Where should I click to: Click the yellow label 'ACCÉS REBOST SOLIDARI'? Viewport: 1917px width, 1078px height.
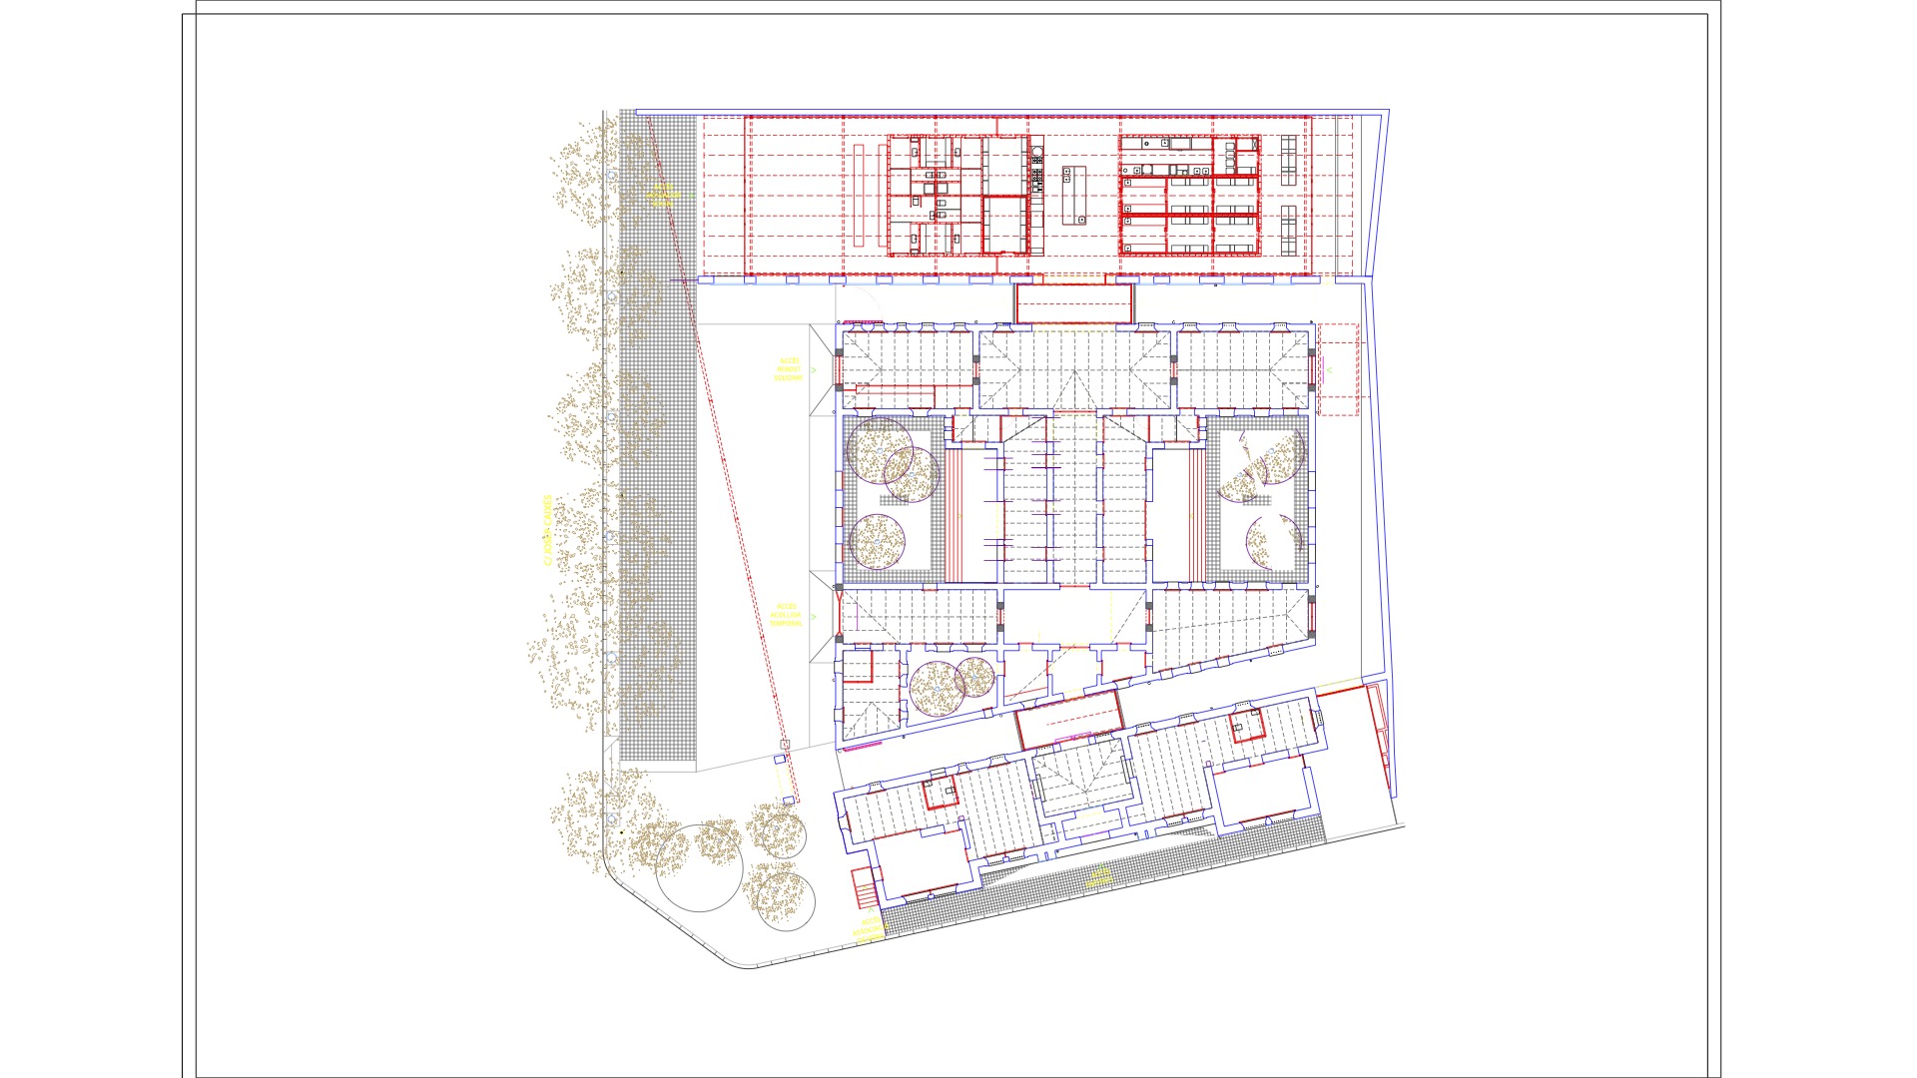(789, 369)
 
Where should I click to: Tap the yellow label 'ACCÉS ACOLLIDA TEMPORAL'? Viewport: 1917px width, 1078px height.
(787, 615)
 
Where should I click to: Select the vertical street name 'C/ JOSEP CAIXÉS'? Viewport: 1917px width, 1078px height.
(546, 530)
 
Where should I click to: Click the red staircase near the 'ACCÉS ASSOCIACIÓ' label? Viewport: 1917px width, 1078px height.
(863, 886)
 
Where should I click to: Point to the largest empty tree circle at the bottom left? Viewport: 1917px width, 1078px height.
(699, 867)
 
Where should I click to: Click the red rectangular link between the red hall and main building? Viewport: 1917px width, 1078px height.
(1074, 303)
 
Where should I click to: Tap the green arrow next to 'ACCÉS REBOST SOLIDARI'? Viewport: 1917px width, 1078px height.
(814, 370)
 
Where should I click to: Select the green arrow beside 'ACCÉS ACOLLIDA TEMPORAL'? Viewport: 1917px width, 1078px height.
(813, 617)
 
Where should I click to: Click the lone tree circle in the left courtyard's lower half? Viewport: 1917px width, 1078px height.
(878, 542)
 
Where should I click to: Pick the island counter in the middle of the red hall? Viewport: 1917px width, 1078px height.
(1073, 195)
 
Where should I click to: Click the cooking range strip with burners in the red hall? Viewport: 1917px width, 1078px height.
(1037, 170)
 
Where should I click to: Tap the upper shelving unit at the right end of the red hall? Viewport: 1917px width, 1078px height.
(1289, 160)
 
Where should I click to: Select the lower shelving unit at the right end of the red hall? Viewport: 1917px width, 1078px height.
(1289, 231)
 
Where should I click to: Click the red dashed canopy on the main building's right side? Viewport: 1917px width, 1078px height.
(1338, 369)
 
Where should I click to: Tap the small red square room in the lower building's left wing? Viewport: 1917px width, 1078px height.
(940, 793)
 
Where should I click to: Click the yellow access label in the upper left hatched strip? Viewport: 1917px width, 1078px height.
(662, 194)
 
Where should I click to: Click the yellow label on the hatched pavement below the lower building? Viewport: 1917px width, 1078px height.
(1099, 877)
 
